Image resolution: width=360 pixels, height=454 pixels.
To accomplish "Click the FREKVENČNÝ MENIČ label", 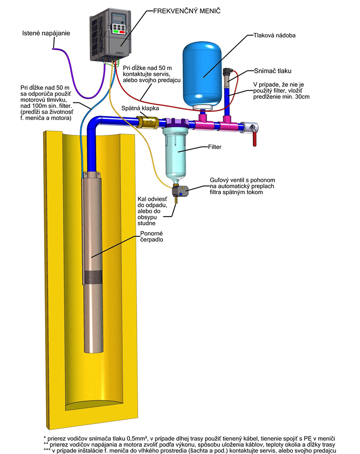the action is (187, 11).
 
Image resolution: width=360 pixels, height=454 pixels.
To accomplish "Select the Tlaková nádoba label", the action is (274, 36).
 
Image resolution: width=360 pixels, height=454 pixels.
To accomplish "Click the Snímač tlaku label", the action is (272, 71).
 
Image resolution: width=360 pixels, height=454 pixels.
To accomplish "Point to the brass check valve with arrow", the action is (148, 122).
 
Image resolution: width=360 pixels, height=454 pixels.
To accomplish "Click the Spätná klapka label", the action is (140, 108).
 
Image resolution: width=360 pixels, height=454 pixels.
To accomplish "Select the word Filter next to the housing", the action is (215, 147).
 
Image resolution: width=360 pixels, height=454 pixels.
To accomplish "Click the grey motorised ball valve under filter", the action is (180, 191).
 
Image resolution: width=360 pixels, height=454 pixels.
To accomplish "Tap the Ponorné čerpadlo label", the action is (152, 236).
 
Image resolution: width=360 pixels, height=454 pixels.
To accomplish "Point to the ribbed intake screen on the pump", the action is (93, 277).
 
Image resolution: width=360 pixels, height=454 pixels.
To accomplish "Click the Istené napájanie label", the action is (46, 33).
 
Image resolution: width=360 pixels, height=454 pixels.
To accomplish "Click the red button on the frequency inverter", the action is (122, 32).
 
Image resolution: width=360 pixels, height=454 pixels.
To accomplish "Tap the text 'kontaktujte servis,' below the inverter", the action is (147, 74).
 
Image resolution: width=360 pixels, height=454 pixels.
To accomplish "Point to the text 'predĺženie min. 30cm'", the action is (281, 97).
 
